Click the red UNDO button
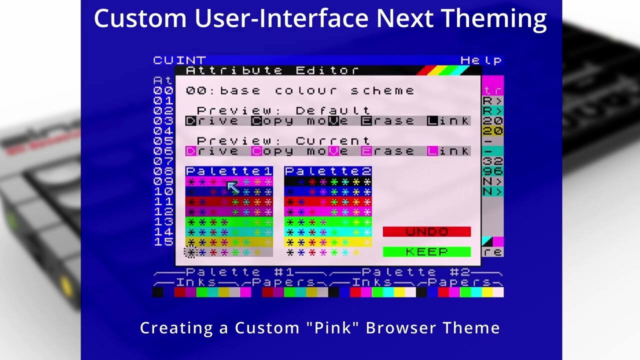point(426,231)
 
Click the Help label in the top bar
point(481,60)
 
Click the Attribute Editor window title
point(272,70)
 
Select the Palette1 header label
point(229,171)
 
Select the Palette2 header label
point(328,171)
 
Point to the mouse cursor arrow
point(232,187)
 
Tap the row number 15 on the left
point(163,242)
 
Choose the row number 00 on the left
point(163,91)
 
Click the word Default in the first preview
point(333,110)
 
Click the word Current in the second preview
point(333,141)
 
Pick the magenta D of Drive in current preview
point(190,151)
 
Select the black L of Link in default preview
point(432,121)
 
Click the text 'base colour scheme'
point(317,91)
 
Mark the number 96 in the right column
point(492,171)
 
